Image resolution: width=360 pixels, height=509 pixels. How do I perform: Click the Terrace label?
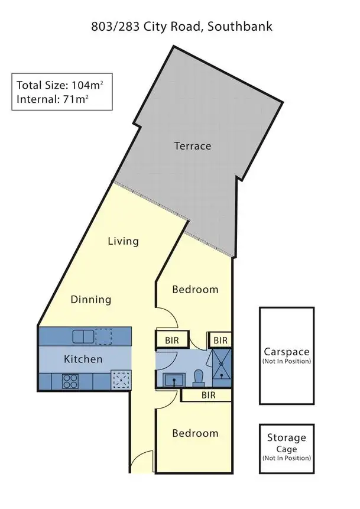tap(192, 145)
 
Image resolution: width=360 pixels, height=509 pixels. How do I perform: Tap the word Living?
tap(123, 241)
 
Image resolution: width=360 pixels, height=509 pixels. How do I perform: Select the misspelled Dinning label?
tap(91, 299)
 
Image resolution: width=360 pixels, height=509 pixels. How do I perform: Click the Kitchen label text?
tap(83, 359)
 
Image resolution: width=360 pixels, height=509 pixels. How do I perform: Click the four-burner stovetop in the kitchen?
tap(70, 381)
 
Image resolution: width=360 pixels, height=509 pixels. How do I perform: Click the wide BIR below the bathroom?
tap(208, 395)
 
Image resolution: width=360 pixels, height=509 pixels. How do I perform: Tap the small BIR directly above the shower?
tap(220, 341)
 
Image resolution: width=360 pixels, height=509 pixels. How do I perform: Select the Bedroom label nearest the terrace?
tap(195, 290)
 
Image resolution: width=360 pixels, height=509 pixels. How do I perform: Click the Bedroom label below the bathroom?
tap(195, 433)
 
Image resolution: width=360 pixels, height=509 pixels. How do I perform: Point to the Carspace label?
tap(287, 349)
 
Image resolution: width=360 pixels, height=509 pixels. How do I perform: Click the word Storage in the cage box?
tap(287, 438)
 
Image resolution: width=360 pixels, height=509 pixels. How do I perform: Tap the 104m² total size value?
tap(79, 84)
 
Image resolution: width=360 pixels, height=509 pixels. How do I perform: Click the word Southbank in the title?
tap(242, 27)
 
